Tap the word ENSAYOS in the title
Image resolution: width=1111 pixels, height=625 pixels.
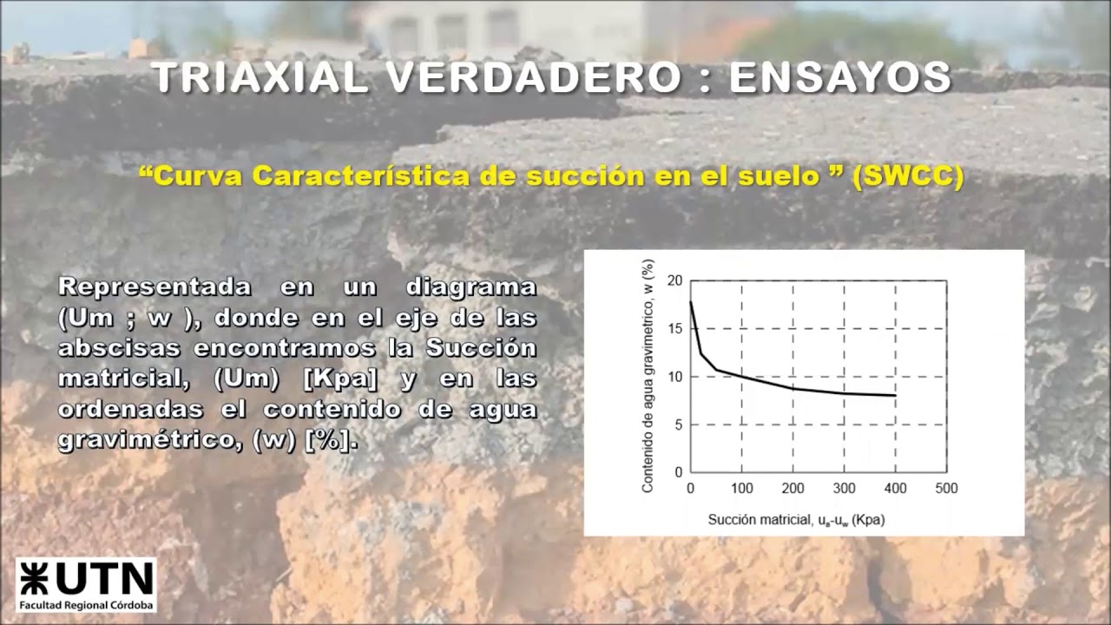tap(839, 78)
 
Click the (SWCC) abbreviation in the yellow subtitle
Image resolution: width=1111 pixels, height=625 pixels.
tap(908, 176)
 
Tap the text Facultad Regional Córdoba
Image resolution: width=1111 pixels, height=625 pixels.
tap(86, 605)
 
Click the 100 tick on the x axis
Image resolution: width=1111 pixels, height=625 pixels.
tap(741, 489)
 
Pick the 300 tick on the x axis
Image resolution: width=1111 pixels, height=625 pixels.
tap(844, 489)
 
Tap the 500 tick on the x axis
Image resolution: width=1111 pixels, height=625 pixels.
tap(946, 489)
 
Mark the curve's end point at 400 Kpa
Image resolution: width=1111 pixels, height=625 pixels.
tap(895, 396)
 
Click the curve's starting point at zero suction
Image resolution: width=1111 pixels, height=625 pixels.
tap(691, 302)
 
